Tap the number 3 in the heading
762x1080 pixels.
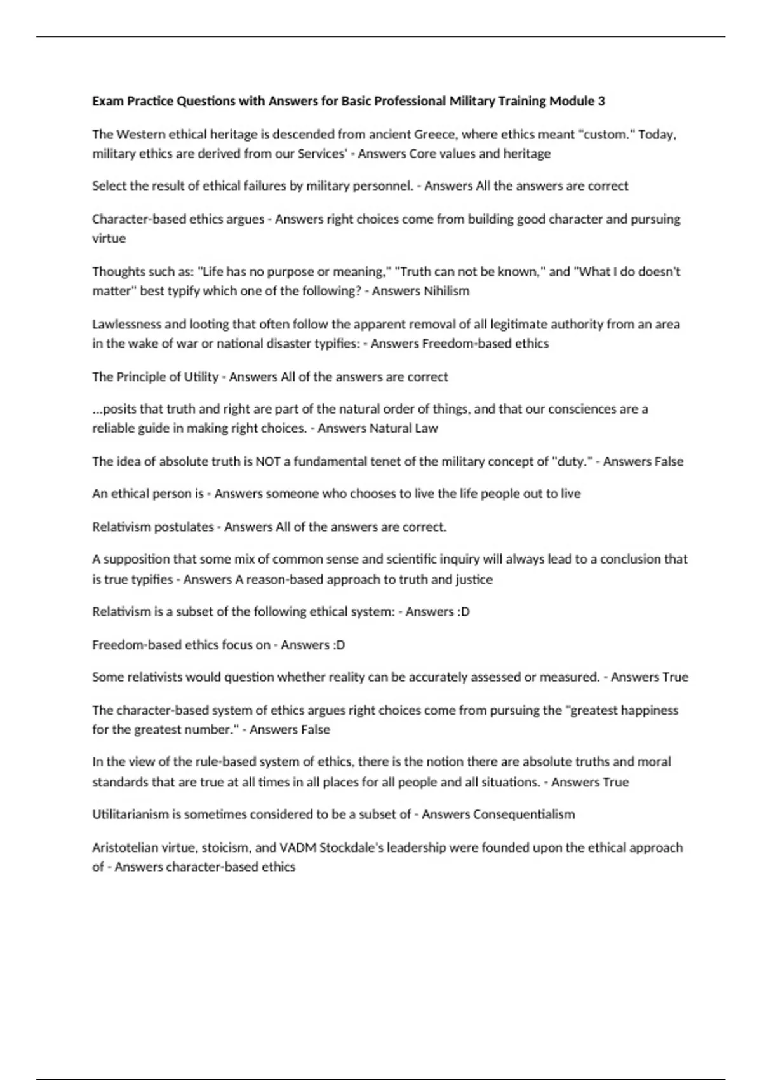[601, 101]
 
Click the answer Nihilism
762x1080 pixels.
[446, 291]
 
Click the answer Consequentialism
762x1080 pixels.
[524, 814]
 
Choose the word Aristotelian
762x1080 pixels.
[124, 847]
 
